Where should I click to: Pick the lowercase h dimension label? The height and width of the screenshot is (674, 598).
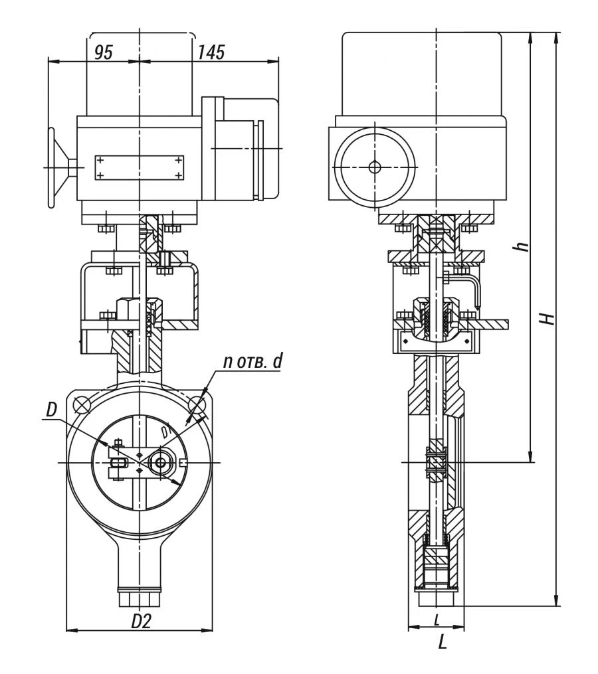point(523,246)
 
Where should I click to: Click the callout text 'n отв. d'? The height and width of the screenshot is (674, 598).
point(252,361)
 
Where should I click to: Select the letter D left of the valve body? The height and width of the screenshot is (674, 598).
point(52,410)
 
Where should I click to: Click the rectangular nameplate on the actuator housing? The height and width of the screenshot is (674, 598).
point(140,167)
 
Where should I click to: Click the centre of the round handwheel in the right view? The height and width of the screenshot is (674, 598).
point(375,167)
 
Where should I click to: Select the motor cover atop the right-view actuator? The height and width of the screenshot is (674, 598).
point(421,73)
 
